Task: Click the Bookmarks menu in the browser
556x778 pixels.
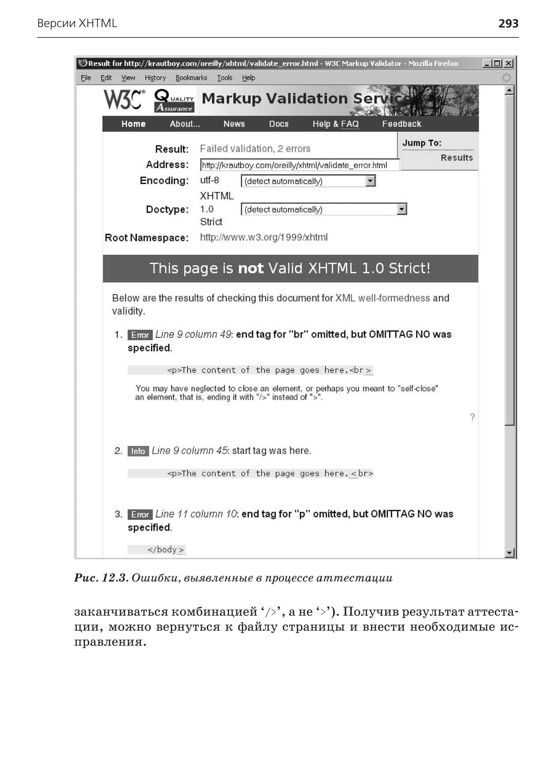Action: pos(191,78)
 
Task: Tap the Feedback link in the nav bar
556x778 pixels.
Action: pos(401,124)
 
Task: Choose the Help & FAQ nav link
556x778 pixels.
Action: pos(335,124)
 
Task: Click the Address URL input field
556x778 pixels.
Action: pos(299,165)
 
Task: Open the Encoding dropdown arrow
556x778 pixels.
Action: pos(370,181)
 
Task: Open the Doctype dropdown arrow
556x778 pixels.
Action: pos(402,209)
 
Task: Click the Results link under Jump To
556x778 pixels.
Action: pos(456,158)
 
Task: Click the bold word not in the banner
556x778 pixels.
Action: pos(251,268)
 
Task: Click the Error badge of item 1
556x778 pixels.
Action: pos(140,334)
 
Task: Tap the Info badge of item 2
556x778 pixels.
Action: pos(138,451)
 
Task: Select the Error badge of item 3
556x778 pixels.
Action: pos(140,514)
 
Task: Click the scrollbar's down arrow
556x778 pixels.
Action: pos(509,553)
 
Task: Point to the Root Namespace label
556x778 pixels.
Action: pos(147,237)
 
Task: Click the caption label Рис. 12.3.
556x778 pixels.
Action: pos(101,578)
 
